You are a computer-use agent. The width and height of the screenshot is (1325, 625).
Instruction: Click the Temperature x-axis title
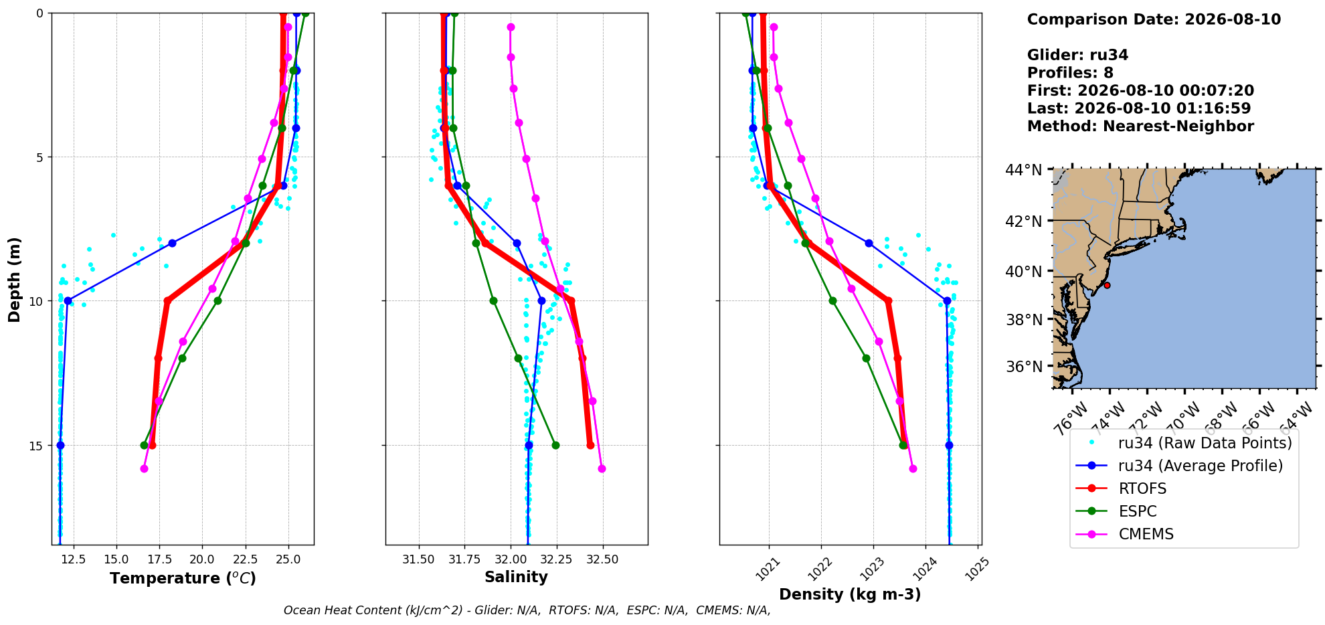183,578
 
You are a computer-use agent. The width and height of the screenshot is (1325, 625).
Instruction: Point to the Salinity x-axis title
516,577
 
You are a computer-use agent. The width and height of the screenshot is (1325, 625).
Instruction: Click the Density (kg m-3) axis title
850,594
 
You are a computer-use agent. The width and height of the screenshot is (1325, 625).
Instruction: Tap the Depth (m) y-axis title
14,279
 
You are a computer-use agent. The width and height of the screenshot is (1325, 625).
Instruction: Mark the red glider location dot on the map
1107,286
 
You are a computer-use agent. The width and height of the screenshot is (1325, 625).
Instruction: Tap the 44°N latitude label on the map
1023,170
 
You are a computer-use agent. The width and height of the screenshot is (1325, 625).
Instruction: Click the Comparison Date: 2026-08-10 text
1154,19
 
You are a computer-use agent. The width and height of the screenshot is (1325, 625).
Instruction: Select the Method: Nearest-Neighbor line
1140,126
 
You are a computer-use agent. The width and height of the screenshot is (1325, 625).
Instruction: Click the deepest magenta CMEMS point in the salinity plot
602,468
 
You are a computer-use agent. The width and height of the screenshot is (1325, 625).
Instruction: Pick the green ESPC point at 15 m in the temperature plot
144,445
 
